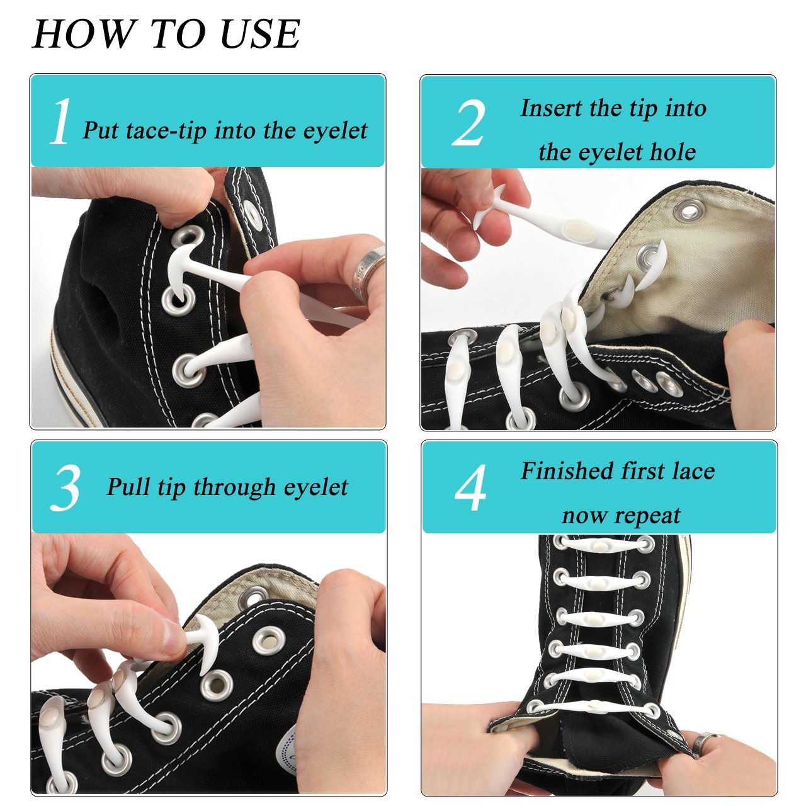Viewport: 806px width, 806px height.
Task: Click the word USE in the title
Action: coord(260,34)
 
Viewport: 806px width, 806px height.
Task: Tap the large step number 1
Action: coord(60,122)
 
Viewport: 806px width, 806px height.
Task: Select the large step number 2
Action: coord(469,124)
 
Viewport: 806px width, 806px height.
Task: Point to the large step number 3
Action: coord(65,488)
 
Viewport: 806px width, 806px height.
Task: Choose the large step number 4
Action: coord(471,489)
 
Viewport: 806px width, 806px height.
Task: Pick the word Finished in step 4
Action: coord(567,471)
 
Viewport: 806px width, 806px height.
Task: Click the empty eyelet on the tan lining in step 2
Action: coord(690,210)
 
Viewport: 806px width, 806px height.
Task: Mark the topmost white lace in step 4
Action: coord(601,544)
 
